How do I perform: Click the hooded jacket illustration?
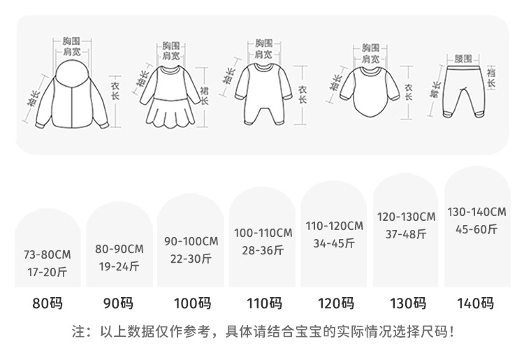tap(73, 94)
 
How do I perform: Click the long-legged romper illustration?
tap(263, 94)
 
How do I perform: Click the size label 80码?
tap(48, 303)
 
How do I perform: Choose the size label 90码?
tap(119, 303)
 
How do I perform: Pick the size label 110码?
tap(263, 303)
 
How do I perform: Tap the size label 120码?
tap(335, 303)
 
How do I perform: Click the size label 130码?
tap(407, 303)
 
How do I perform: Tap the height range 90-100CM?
tap(191, 241)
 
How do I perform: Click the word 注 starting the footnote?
tap(78, 331)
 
